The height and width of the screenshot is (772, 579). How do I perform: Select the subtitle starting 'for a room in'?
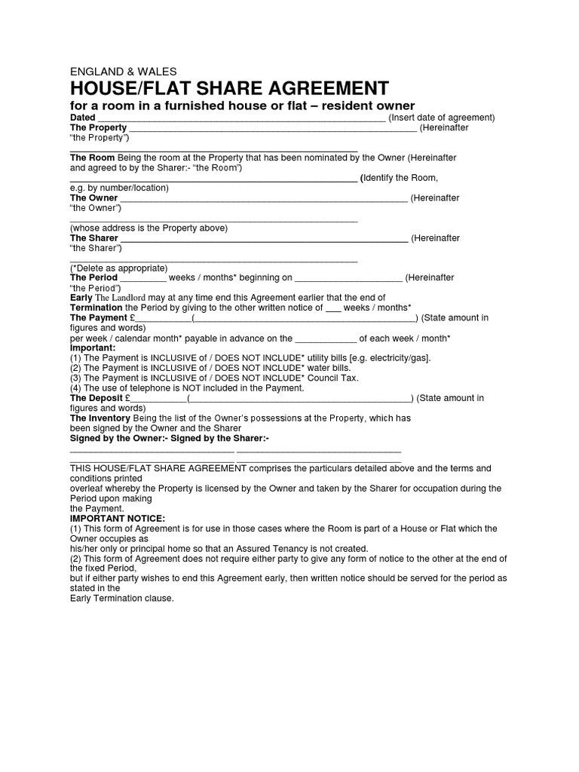(x=242, y=106)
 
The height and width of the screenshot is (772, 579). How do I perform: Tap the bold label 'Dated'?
(x=82, y=118)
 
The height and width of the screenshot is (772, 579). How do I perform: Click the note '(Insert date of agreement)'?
(x=441, y=118)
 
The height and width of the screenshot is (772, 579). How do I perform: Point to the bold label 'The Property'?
(x=98, y=128)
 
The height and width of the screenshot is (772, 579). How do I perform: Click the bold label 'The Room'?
(x=92, y=158)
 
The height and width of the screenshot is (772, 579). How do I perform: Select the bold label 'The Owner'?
(x=93, y=198)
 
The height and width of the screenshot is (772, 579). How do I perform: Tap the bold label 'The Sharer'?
(x=94, y=238)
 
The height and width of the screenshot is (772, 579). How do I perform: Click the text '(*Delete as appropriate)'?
(x=118, y=268)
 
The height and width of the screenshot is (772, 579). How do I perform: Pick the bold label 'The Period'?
(x=93, y=278)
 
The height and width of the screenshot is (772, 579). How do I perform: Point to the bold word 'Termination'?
(x=96, y=308)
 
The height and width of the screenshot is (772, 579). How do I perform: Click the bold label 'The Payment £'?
(x=102, y=318)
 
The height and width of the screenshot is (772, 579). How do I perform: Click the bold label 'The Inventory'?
(x=100, y=418)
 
